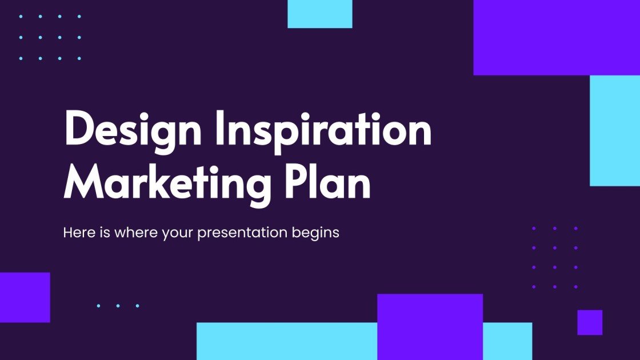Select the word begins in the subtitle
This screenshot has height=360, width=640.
click(x=319, y=234)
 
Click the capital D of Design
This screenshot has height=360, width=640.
click(x=79, y=130)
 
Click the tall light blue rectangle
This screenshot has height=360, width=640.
click(x=615, y=130)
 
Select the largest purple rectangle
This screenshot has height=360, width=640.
click(x=557, y=37)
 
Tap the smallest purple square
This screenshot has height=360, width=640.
click(x=590, y=322)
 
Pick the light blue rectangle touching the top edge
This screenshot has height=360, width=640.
click(x=319, y=14)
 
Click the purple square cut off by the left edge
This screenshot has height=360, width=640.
click(x=25, y=297)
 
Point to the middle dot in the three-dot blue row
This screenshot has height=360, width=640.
click(x=118, y=306)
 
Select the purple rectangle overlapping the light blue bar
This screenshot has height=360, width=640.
click(x=430, y=326)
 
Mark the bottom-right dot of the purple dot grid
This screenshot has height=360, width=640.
click(x=575, y=286)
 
